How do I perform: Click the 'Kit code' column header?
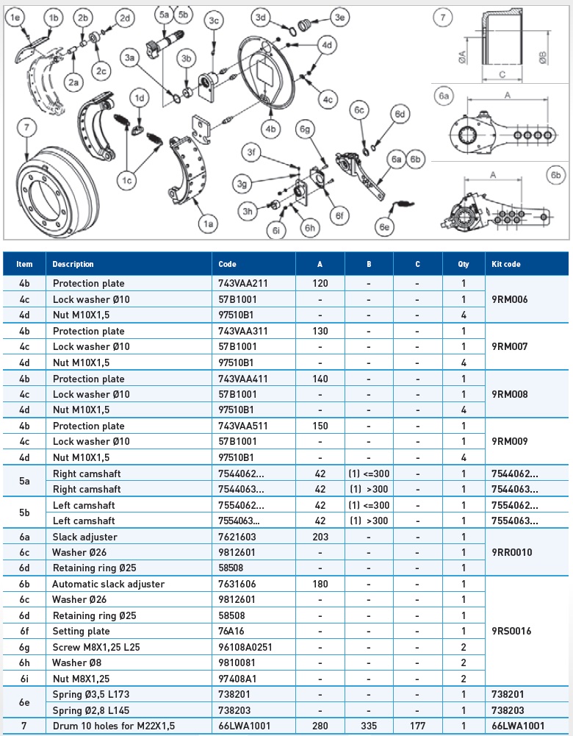[506, 264]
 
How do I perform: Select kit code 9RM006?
[509, 299]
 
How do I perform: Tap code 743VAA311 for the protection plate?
[245, 331]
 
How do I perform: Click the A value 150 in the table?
[320, 426]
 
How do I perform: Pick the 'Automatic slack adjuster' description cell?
[108, 584]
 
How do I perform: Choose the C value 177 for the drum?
[417, 726]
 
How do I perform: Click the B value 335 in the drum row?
[369, 726]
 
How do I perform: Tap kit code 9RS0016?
[511, 631]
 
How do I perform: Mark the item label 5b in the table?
[25, 513]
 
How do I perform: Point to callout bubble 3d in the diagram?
[259, 17]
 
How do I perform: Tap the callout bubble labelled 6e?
[384, 226]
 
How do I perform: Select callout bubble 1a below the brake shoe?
[209, 223]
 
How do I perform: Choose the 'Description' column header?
[73, 264]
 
